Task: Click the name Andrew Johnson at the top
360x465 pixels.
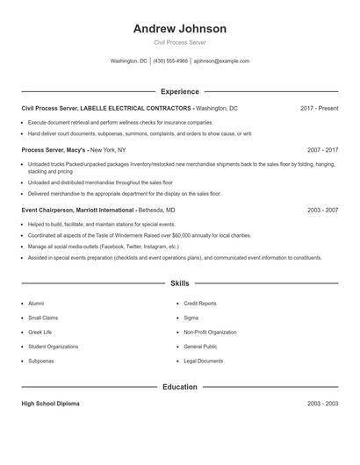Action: [179, 28]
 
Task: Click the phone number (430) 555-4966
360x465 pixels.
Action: [170, 61]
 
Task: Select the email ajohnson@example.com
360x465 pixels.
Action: [221, 61]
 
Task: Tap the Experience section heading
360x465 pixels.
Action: [179, 91]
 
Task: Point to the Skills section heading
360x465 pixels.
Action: [179, 283]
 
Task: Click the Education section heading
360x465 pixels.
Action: [179, 387]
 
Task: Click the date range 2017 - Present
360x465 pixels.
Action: [319, 108]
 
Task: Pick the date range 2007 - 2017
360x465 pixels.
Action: [322, 150]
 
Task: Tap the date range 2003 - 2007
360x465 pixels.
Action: [322, 211]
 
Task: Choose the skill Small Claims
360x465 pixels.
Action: [43, 318]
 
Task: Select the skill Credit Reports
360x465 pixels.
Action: [200, 304]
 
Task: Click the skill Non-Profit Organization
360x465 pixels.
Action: [210, 333]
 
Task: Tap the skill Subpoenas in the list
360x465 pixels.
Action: [41, 361]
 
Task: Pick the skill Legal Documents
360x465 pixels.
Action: [203, 361]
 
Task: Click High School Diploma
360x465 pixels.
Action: [50, 404]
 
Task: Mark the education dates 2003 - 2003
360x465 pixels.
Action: [322, 404]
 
